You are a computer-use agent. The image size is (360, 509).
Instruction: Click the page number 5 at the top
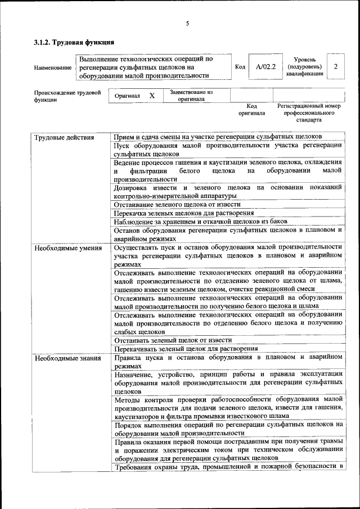[x=187, y=24]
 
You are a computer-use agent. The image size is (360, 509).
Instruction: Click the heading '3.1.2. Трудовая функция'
[x=74, y=42]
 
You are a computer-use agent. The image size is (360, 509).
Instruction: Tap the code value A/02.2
[x=265, y=67]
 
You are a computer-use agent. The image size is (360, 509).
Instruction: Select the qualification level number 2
[x=335, y=67]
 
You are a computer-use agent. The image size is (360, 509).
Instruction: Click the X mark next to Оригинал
[x=152, y=96]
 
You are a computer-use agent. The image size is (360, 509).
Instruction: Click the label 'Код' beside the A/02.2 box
[x=240, y=67]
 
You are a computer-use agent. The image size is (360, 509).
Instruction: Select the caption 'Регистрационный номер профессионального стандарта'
[x=309, y=112]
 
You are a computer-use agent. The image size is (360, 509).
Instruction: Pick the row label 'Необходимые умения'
[x=68, y=248]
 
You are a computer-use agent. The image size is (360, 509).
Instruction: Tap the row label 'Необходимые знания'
[x=67, y=358]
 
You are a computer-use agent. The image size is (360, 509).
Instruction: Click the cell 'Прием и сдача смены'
[x=217, y=137]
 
